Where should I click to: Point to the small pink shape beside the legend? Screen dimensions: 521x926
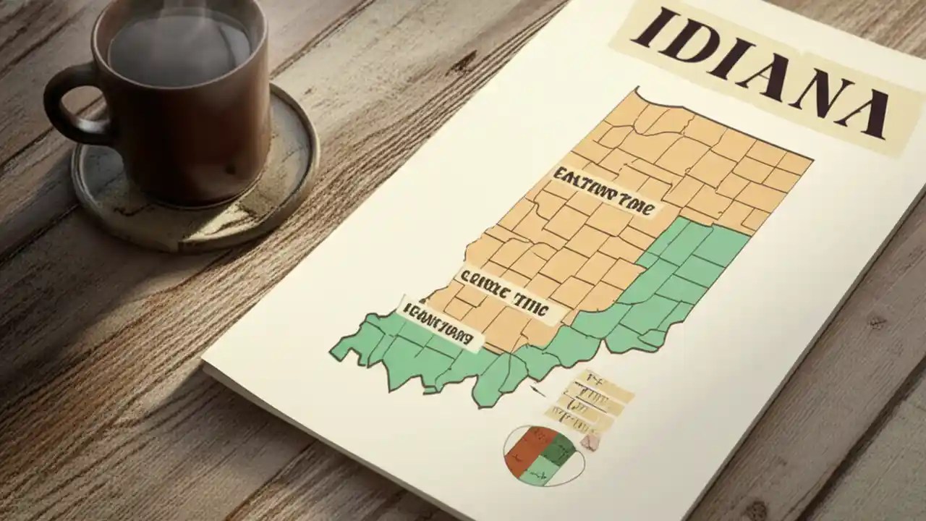[590, 441]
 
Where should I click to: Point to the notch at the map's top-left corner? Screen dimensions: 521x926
[637, 93]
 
